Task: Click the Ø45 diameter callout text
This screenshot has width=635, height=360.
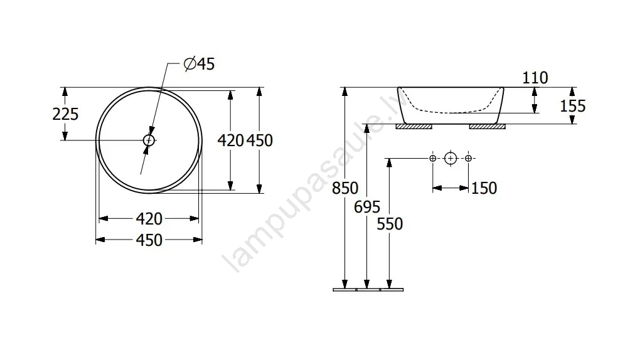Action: [x=199, y=64]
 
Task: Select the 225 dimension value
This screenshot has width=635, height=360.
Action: [x=65, y=114]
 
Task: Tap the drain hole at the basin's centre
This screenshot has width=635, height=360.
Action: [x=149, y=140]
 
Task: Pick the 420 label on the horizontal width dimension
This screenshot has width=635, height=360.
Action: [x=149, y=219]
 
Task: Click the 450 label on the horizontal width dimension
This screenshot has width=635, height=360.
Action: [x=149, y=240]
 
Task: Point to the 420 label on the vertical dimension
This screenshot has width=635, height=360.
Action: [x=231, y=140]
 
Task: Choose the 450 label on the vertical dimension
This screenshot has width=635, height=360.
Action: [x=260, y=140]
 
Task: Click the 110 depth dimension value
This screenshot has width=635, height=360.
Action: [x=535, y=78]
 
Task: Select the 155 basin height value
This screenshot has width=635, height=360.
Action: [x=573, y=106]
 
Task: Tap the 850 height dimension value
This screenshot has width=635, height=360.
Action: [x=345, y=188]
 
